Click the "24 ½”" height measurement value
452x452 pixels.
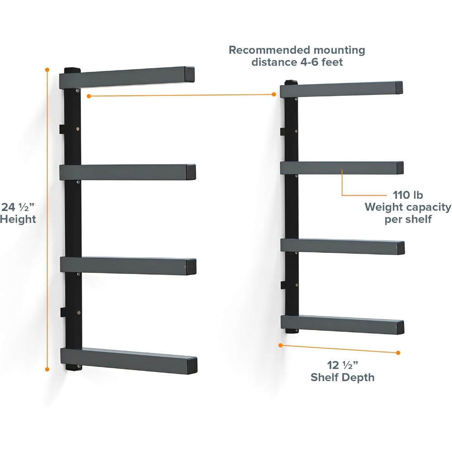click(x=18, y=207)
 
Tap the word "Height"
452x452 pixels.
click(x=18, y=219)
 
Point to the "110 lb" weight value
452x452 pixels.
click(x=408, y=195)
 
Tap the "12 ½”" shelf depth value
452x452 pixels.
click(x=343, y=365)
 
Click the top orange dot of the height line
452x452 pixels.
click(x=47, y=70)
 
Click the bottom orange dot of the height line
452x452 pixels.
click(x=47, y=369)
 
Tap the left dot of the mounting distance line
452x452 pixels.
click(x=89, y=96)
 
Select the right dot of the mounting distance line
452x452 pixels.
click(x=274, y=94)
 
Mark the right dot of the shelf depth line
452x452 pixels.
click(x=398, y=353)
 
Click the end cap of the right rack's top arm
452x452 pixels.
click(x=399, y=87)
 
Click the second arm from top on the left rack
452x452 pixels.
click(x=127, y=172)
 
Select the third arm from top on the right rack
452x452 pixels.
click(x=343, y=246)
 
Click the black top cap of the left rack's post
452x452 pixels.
click(x=72, y=71)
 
